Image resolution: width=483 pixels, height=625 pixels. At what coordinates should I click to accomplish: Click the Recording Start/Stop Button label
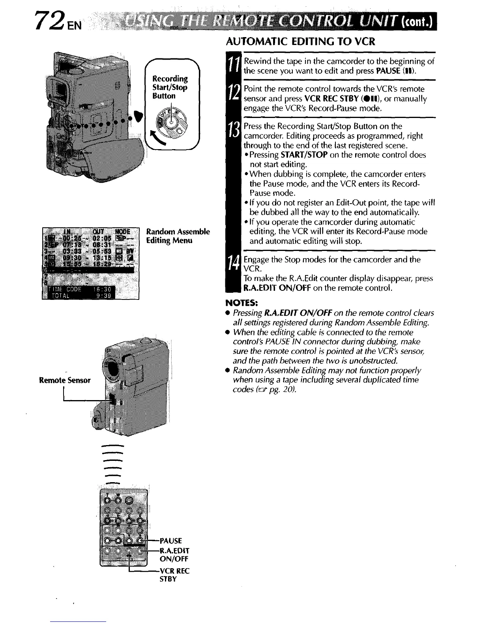(170, 87)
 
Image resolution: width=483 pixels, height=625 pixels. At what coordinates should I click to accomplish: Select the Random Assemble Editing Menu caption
(178, 236)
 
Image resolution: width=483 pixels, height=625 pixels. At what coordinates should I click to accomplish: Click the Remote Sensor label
(65, 380)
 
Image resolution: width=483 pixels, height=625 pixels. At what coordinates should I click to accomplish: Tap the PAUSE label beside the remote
(170, 541)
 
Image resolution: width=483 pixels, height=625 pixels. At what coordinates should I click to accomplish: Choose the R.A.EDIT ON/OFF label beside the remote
(174, 555)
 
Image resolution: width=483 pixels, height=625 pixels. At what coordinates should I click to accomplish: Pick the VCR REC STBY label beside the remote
(174, 575)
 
